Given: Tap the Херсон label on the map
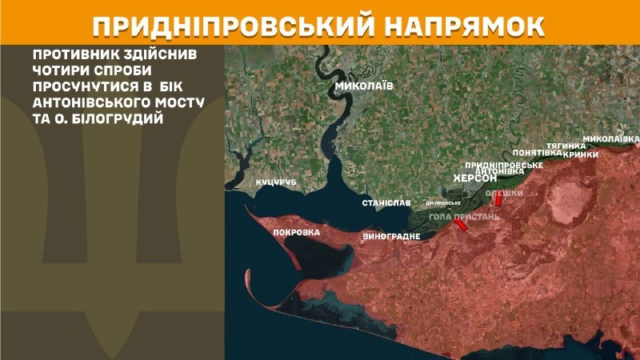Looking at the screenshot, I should (x=476, y=178).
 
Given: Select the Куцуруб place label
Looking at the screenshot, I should (x=276, y=183).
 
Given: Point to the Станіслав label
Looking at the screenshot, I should (x=387, y=203).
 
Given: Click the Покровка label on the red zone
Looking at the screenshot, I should (x=296, y=233).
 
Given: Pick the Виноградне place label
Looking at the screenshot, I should (x=392, y=238).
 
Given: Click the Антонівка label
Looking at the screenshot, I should (x=499, y=171).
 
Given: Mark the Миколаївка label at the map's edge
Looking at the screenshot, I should (x=611, y=138).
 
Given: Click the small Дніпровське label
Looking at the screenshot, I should (x=444, y=202).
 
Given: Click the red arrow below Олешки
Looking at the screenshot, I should (x=498, y=200).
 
